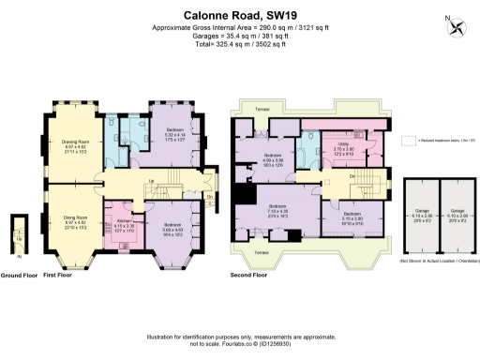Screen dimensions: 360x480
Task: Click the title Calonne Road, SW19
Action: pos(239,15)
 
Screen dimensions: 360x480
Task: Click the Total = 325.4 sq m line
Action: pos(239,43)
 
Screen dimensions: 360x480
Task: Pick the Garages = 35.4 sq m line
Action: pos(239,36)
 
